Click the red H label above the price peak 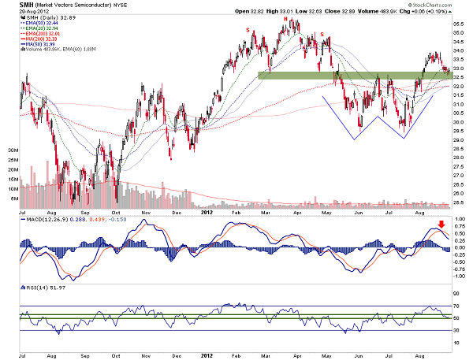coord(285,18)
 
